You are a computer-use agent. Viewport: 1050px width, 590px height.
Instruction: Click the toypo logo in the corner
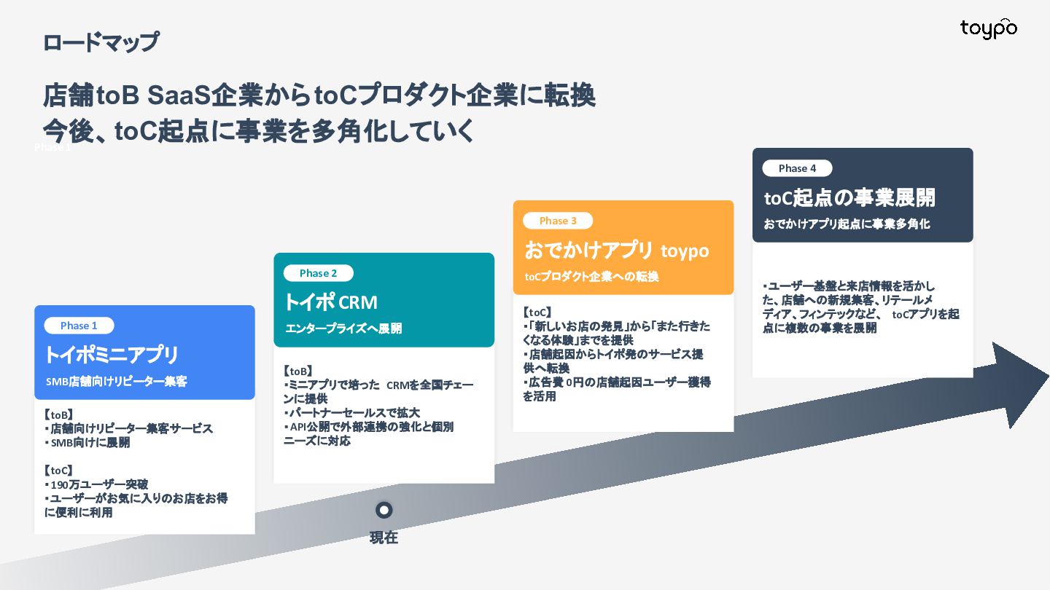988,28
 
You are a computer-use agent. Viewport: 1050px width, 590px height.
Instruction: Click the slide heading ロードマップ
100,42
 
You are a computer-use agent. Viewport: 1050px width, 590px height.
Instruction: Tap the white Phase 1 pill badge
79,326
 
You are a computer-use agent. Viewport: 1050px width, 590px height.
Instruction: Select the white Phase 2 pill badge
318,273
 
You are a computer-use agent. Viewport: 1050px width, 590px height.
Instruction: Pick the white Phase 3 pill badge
558,221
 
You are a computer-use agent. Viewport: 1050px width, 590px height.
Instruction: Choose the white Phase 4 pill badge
797,168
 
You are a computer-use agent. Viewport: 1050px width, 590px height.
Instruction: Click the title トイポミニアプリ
112,355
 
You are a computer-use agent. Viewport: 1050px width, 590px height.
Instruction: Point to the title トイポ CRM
330,302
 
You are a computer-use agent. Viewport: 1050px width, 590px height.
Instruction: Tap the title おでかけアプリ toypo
616,250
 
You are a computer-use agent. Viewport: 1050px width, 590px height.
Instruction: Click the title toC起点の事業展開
849,197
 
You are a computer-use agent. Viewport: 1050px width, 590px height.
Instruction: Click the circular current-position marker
384,510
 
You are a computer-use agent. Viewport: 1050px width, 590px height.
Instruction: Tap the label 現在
384,538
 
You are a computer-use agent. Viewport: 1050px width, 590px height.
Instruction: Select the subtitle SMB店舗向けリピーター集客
116,381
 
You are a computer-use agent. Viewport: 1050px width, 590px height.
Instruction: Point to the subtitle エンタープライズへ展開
343,329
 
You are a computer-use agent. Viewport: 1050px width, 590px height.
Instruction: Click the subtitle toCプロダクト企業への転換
591,277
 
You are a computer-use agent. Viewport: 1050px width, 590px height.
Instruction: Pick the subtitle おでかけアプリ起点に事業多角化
847,224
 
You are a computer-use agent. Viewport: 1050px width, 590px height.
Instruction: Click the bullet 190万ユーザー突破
98,484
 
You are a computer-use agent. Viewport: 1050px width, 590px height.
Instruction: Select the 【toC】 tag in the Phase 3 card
538,312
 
